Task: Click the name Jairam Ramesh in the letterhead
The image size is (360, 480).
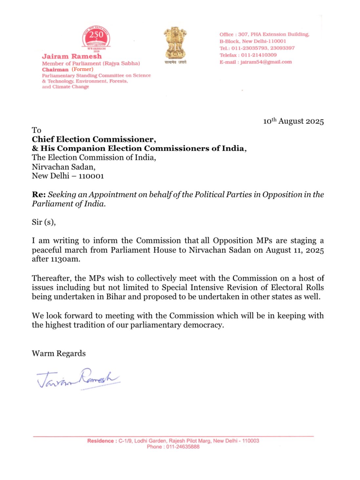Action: tap(72, 56)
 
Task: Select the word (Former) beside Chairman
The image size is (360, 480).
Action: tap(82, 69)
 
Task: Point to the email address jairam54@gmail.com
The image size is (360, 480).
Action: tap(266, 62)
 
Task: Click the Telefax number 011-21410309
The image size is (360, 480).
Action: tap(259, 55)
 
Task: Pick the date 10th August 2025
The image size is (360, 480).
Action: tap(293, 121)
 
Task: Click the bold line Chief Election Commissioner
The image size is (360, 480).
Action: tap(94, 139)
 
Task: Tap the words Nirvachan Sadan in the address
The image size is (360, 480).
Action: tap(63, 167)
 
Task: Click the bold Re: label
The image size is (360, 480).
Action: tap(38, 194)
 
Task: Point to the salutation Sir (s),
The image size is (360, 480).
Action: tap(44, 222)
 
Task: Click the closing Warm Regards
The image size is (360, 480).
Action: tap(59, 353)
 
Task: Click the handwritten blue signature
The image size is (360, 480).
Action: tap(78, 379)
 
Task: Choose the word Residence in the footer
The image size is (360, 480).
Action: tap(100, 441)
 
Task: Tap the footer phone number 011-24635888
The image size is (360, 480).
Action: tap(182, 447)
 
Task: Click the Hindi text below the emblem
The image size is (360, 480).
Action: tap(175, 62)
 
